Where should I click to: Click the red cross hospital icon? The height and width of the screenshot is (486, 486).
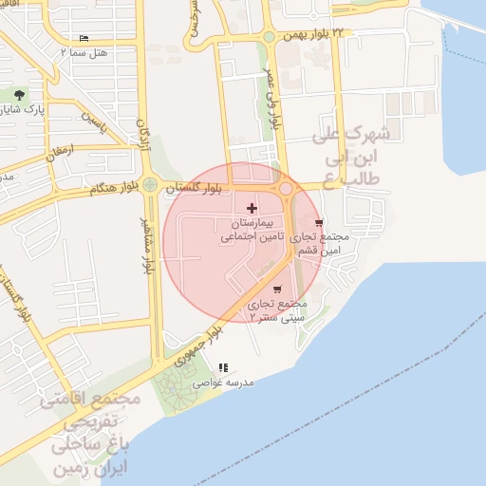coord(251,208)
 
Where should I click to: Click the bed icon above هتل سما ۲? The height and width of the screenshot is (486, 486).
coord(85,39)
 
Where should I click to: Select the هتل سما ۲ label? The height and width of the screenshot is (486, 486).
coord(86,52)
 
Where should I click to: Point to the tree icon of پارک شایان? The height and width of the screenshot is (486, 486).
coord(20,94)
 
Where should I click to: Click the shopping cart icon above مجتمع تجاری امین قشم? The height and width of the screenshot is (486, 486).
coord(319,222)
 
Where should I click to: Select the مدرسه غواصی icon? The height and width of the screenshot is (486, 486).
coord(223,367)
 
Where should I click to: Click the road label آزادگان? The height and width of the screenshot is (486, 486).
coord(144,136)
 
